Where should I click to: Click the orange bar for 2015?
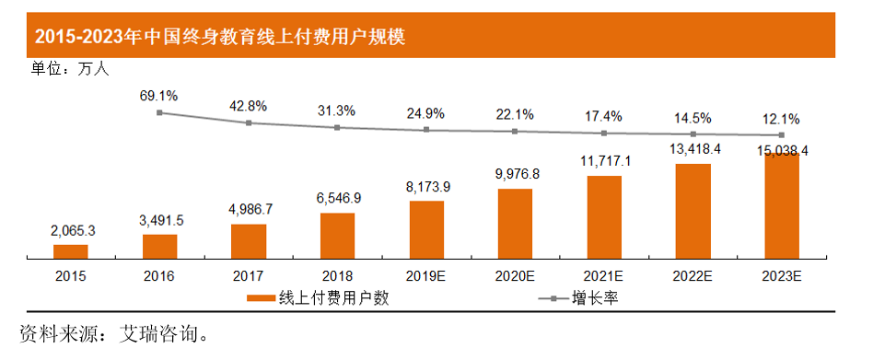click(x=71, y=250)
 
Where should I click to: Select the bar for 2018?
click(x=337, y=235)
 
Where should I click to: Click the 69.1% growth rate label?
click(x=158, y=95)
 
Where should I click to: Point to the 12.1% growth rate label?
click(x=781, y=119)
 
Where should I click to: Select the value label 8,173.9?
click(x=426, y=187)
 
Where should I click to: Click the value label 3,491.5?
click(x=159, y=220)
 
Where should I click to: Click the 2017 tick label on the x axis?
click(x=249, y=274)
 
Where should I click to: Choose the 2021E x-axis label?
click(x=604, y=274)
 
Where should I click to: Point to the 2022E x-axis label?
click(x=693, y=274)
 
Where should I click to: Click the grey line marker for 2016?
click(x=159, y=112)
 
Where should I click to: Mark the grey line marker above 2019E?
click(x=426, y=130)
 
